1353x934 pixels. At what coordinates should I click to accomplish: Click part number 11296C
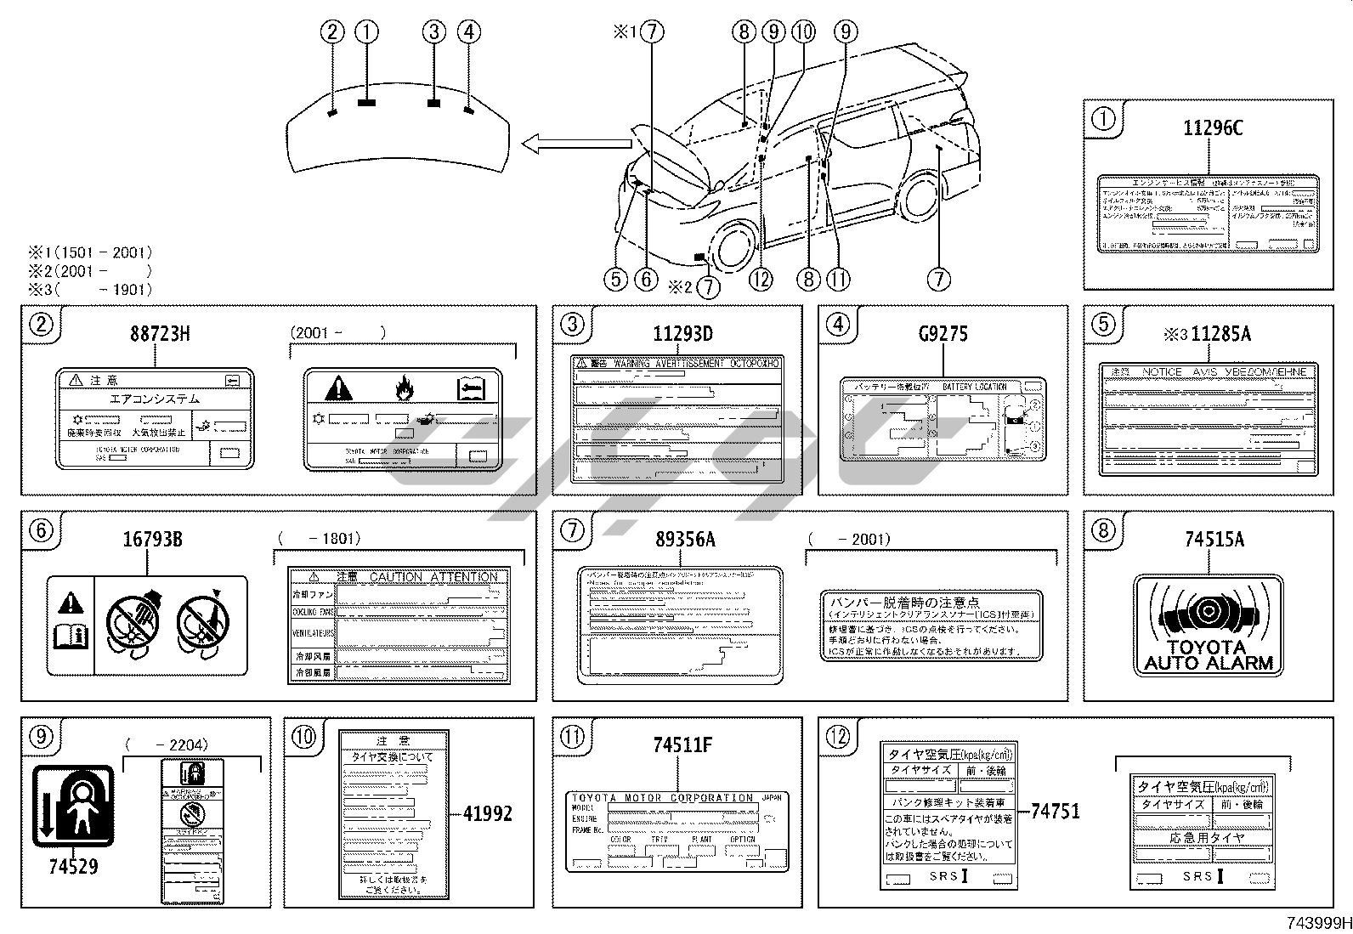coord(1213,127)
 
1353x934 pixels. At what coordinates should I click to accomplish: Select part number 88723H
coord(160,334)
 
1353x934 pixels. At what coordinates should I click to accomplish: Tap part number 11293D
coord(682,334)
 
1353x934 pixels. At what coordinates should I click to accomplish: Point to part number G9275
coord(943,334)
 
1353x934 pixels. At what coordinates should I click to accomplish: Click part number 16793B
coord(153,540)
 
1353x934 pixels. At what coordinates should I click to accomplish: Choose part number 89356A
coord(685,540)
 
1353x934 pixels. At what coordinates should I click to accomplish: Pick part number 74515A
coord(1214,540)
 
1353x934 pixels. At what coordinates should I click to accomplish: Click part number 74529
coord(73,867)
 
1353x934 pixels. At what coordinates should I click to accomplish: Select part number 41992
coord(488,813)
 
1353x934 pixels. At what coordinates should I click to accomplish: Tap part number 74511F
coord(683,745)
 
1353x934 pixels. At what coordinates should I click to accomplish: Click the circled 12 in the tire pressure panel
coord(838,736)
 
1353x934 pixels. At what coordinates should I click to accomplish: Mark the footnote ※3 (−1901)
coord(90,289)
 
